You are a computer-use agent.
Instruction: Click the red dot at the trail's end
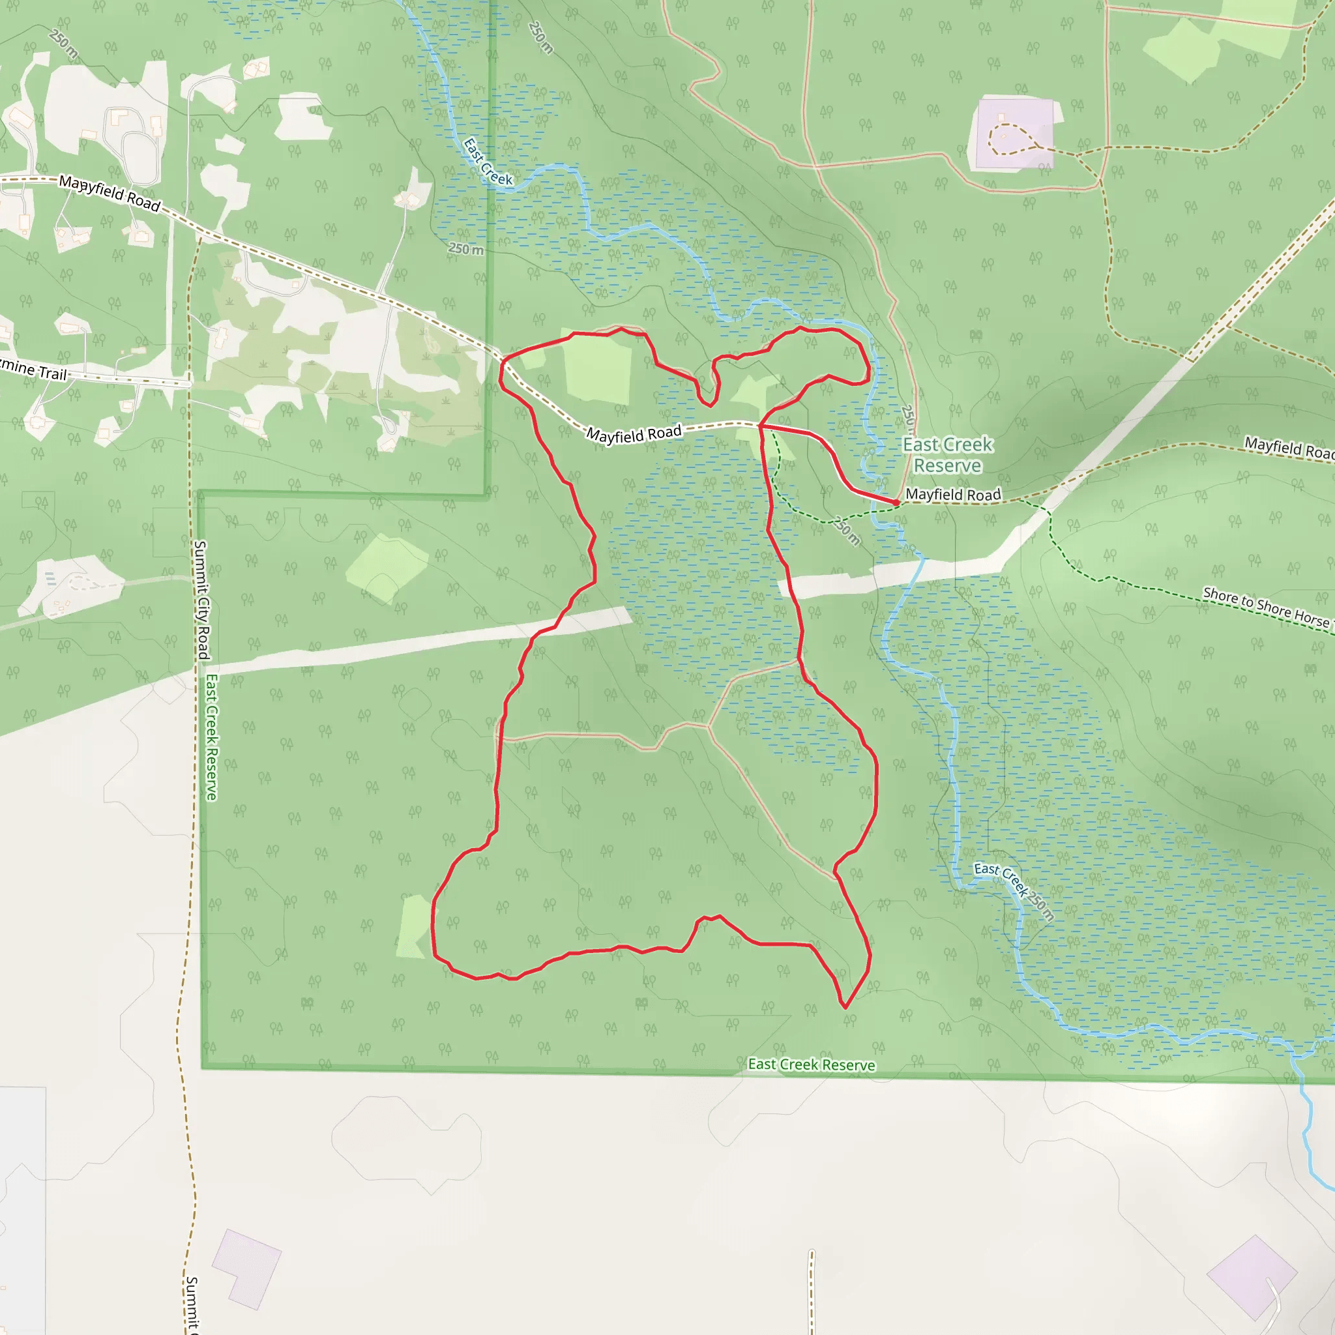(896, 503)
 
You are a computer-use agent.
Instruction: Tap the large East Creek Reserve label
(947, 455)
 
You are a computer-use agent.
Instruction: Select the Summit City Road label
(202, 599)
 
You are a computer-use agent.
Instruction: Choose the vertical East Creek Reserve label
(211, 737)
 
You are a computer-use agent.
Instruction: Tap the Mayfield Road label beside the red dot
(953, 495)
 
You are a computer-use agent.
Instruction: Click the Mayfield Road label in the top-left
(110, 193)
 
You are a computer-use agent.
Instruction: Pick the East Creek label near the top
(488, 162)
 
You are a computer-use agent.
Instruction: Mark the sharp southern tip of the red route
(845, 1006)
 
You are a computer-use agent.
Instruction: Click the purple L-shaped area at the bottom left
(245, 1268)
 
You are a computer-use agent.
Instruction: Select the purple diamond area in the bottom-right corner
(1252, 1276)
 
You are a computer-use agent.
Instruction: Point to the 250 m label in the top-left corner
(65, 43)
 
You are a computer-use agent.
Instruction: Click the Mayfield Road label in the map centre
(634, 435)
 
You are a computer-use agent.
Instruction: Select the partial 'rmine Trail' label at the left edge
(33, 369)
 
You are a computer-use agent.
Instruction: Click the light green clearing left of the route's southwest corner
(414, 926)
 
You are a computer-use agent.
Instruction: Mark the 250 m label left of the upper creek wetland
(467, 249)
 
